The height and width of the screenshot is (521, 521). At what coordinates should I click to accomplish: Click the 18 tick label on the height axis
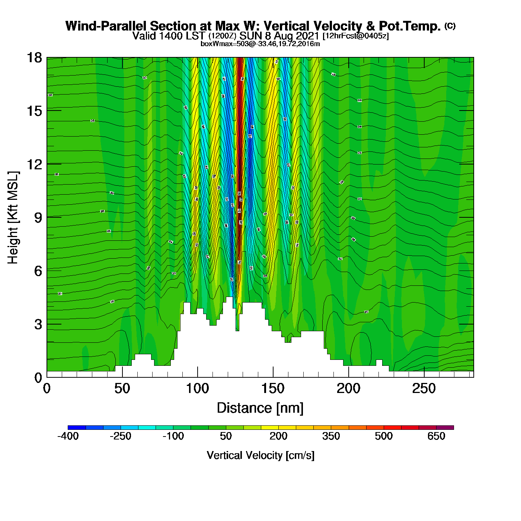34,58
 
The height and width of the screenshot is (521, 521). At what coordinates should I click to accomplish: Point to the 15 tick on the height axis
34,111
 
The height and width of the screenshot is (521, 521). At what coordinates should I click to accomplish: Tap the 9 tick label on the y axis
38,218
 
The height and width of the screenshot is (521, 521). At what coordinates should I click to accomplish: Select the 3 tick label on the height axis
38,324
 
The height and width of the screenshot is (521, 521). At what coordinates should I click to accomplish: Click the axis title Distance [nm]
260,408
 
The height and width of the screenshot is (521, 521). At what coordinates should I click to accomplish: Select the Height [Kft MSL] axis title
13,218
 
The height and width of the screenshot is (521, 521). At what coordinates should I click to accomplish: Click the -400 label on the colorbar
68,436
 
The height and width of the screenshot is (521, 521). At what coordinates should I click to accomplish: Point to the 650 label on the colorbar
436,436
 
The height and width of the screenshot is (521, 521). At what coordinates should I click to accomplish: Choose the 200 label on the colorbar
278,436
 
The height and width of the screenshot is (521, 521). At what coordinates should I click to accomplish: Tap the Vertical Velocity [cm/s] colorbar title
260,456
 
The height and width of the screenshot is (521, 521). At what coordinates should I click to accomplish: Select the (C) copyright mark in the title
450,26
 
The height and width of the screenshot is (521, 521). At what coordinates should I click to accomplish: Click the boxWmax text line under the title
260,44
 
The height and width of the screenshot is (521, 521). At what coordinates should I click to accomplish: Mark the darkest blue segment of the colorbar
77,428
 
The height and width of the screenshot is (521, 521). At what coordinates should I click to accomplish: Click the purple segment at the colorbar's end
445,428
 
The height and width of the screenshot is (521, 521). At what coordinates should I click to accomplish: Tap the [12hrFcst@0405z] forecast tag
356,36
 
